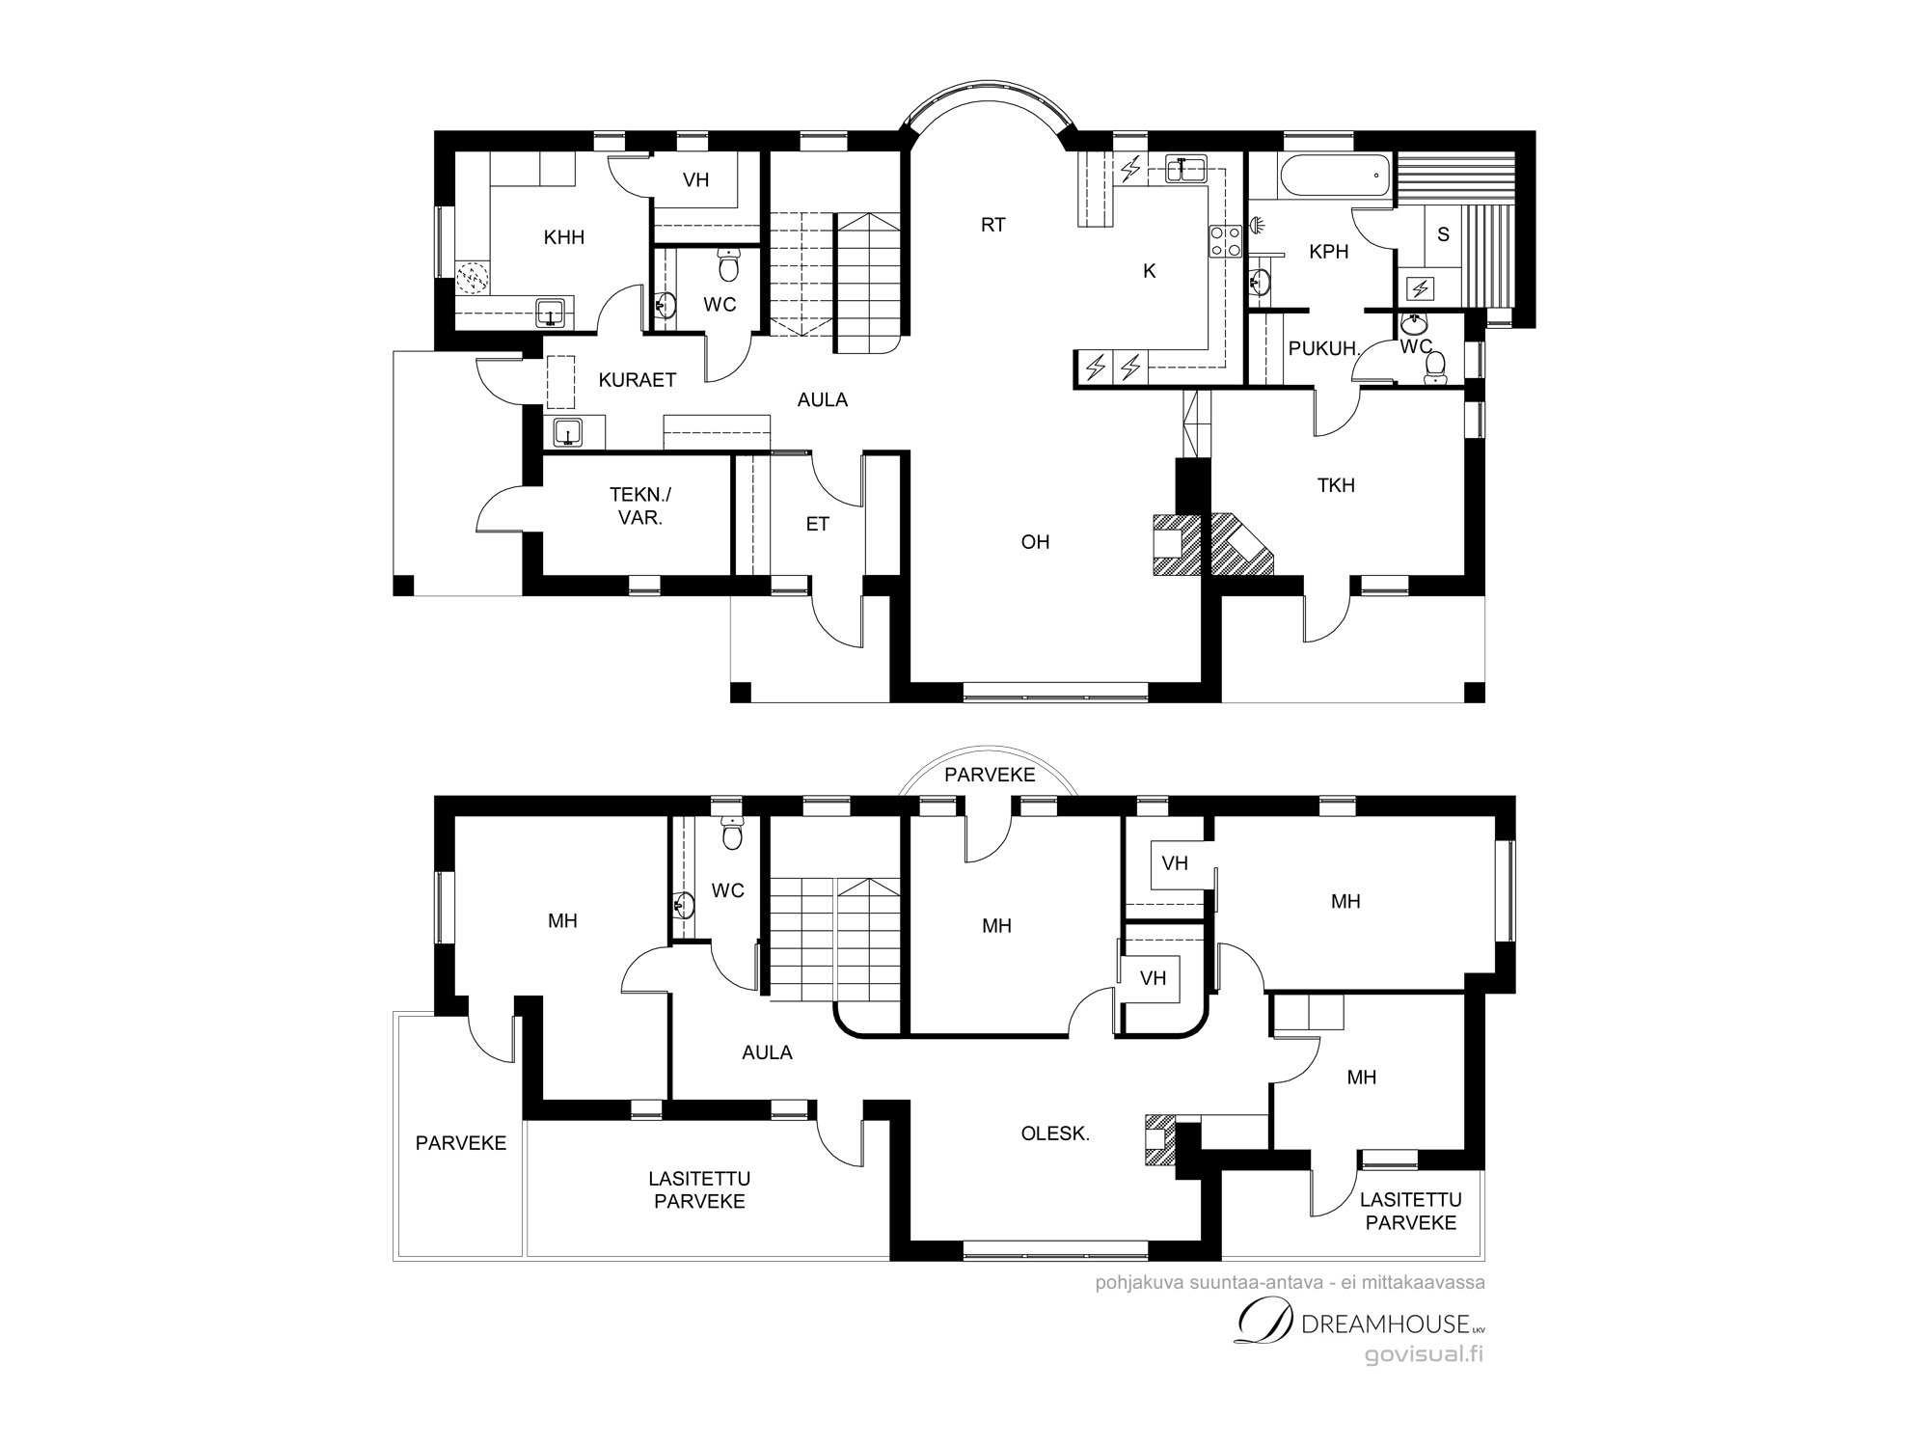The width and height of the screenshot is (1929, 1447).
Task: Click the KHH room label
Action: pos(564,237)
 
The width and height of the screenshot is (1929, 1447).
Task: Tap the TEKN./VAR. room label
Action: pos(640,505)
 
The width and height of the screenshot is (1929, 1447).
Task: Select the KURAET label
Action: pos(638,380)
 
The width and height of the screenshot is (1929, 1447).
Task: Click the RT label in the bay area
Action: pos(993,225)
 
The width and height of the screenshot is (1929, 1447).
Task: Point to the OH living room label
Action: pos(1035,542)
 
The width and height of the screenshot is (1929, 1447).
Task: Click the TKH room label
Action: pos(1336,485)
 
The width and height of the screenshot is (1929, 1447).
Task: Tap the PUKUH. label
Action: pos(1323,349)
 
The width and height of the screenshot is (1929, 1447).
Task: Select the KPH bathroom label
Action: pos(1329,252)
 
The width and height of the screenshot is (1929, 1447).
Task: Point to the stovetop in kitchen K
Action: pos(1225,241)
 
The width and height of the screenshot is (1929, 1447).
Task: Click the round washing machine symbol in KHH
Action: pos(473,278)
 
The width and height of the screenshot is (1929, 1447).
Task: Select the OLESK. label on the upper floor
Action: pos(1055,1134)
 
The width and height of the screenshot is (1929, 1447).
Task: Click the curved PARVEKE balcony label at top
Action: pos(990,775)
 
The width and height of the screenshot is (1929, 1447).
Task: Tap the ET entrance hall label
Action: pos(817,525)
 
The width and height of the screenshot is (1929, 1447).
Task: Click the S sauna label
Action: pos(1443,234)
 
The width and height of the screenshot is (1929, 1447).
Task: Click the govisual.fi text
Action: pos(1424,1355)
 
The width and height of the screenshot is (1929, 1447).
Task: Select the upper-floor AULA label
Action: pos(768,1052)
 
